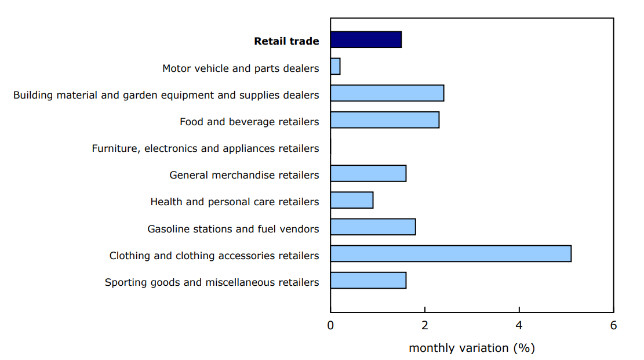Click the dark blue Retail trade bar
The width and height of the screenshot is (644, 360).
pos(366,39)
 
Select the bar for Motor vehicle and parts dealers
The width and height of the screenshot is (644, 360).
pos(335,66)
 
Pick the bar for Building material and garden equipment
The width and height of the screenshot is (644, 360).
pos(387,93)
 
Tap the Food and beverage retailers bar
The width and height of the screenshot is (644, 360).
pos(385,120)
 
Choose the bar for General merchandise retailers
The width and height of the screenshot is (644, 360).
pos(368,173)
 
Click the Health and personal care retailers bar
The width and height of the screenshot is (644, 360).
pos(352,200)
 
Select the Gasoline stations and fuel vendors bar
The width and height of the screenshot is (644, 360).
pos(373,227)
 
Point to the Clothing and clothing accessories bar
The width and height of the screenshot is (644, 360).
pos(450,253)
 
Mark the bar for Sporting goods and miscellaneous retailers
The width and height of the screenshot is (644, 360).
pos(368,281)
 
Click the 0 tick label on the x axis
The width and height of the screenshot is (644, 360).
pos(330,325)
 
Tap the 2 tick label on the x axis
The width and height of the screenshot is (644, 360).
pos(425,325)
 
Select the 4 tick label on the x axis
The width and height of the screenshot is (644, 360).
pos(519,325)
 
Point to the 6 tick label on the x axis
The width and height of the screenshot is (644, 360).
pos(613,325)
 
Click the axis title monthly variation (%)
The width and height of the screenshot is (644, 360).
pos(471,348)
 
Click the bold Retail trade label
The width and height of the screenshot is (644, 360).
pos(286,41)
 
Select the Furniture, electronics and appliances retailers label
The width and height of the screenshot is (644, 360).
pos(205,149)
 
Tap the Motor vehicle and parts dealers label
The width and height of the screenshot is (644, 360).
pos(241,68)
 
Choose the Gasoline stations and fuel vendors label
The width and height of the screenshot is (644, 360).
pos(233,229)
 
